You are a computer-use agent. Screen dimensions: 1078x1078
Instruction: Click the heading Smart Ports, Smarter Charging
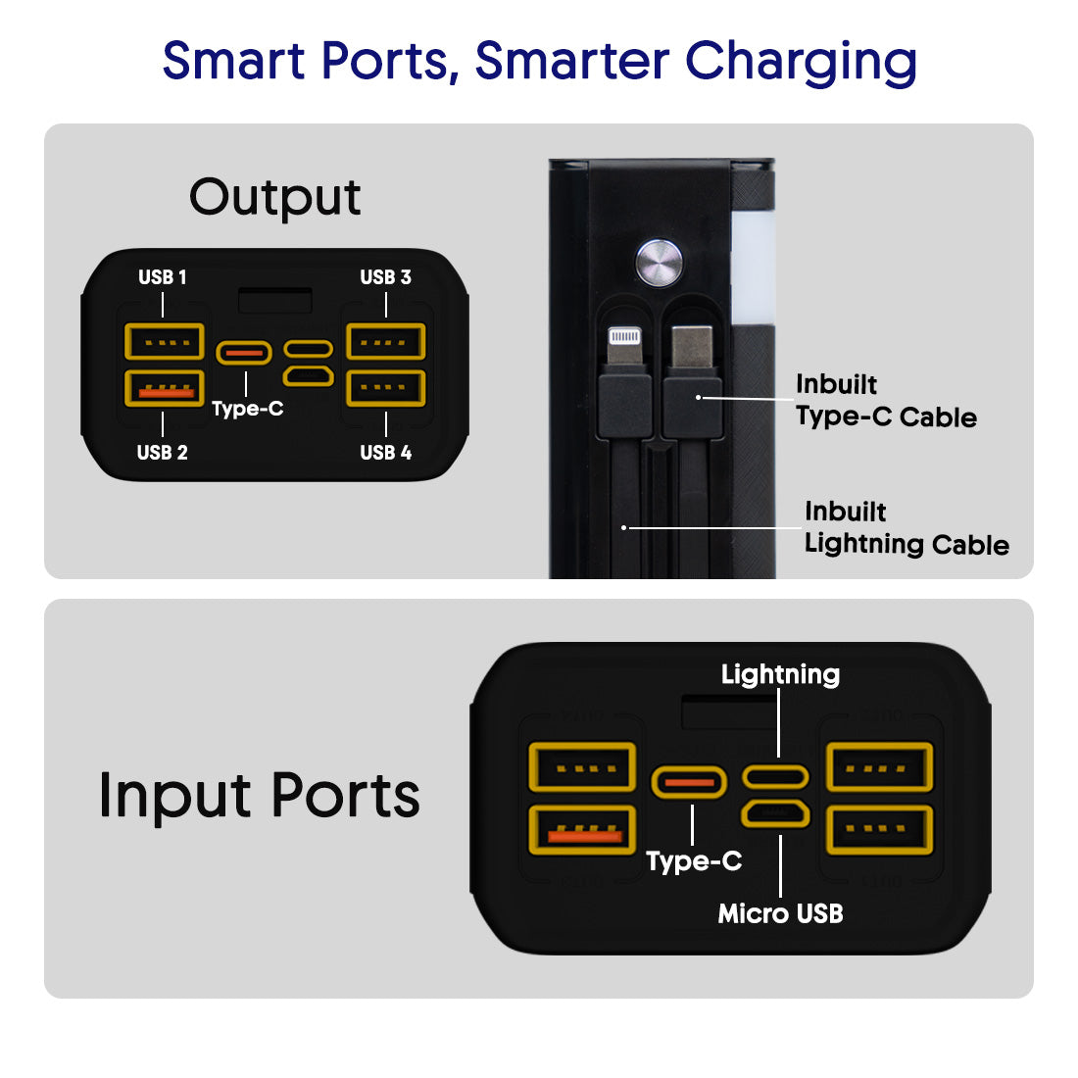point(539,61)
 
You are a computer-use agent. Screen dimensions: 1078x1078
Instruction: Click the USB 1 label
point(163,277)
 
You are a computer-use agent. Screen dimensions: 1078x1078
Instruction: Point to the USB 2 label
point(163,453)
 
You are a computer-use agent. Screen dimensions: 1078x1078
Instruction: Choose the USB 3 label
point(385,277)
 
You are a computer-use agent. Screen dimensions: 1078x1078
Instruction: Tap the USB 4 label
point(385,453)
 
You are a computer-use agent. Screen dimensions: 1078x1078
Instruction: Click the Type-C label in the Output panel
point(248,409)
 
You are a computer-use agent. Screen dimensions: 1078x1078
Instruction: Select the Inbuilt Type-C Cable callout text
point(885,401)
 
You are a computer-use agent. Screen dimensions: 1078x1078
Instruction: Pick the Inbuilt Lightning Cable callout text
point(906,528)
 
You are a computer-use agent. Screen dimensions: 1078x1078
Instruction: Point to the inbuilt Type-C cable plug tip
point(692,344)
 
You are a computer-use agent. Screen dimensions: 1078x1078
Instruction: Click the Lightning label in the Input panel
point(780,674)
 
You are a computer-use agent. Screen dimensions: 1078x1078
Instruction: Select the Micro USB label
point(780,913)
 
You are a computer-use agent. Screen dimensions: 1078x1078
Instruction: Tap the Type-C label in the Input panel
point(694,861)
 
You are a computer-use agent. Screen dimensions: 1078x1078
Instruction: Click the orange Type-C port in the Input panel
point(689,782)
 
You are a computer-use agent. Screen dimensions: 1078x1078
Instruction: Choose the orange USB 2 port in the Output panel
point(165,389)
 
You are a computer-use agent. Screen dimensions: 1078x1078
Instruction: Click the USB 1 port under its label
point(165,342)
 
